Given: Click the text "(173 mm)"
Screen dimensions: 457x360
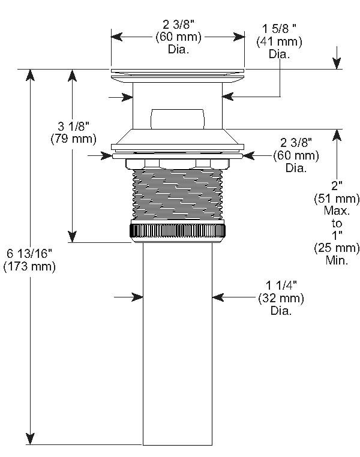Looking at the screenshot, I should tap(29, 267).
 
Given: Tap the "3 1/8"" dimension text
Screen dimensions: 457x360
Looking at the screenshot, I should tap(73, 127).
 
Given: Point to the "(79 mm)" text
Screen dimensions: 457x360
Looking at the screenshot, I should tap(73, 139).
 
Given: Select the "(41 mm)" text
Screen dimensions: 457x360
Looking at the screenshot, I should tap(279, 41).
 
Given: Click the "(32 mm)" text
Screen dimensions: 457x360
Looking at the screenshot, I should tap(281, 299).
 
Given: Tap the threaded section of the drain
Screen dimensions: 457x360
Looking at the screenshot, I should tap(178, 195).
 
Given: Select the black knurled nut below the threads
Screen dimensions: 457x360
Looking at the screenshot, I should tap(178, 230).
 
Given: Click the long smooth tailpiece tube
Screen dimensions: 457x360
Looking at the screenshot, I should tap(178, 342).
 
